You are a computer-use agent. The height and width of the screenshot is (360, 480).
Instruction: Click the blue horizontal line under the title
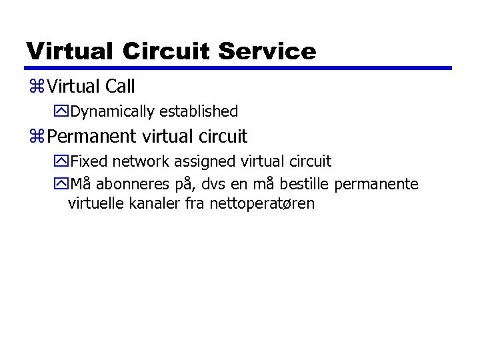[239, 68]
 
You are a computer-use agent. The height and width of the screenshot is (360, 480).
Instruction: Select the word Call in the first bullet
[120, 86]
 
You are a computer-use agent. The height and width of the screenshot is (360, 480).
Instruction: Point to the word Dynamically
[113, 111]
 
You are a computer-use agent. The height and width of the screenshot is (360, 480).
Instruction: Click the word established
[199, 111]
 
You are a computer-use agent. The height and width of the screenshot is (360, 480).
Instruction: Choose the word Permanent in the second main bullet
[94, 137]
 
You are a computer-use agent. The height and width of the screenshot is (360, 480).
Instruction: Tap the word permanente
[377, 183]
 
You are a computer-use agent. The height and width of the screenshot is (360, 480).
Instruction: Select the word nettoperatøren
[262, 203]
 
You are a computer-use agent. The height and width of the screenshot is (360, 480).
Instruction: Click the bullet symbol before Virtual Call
[37, 87]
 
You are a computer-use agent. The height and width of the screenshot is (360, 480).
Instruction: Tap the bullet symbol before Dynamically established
[63, 111]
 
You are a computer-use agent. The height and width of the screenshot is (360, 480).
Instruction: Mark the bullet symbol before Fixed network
[63, 161]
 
